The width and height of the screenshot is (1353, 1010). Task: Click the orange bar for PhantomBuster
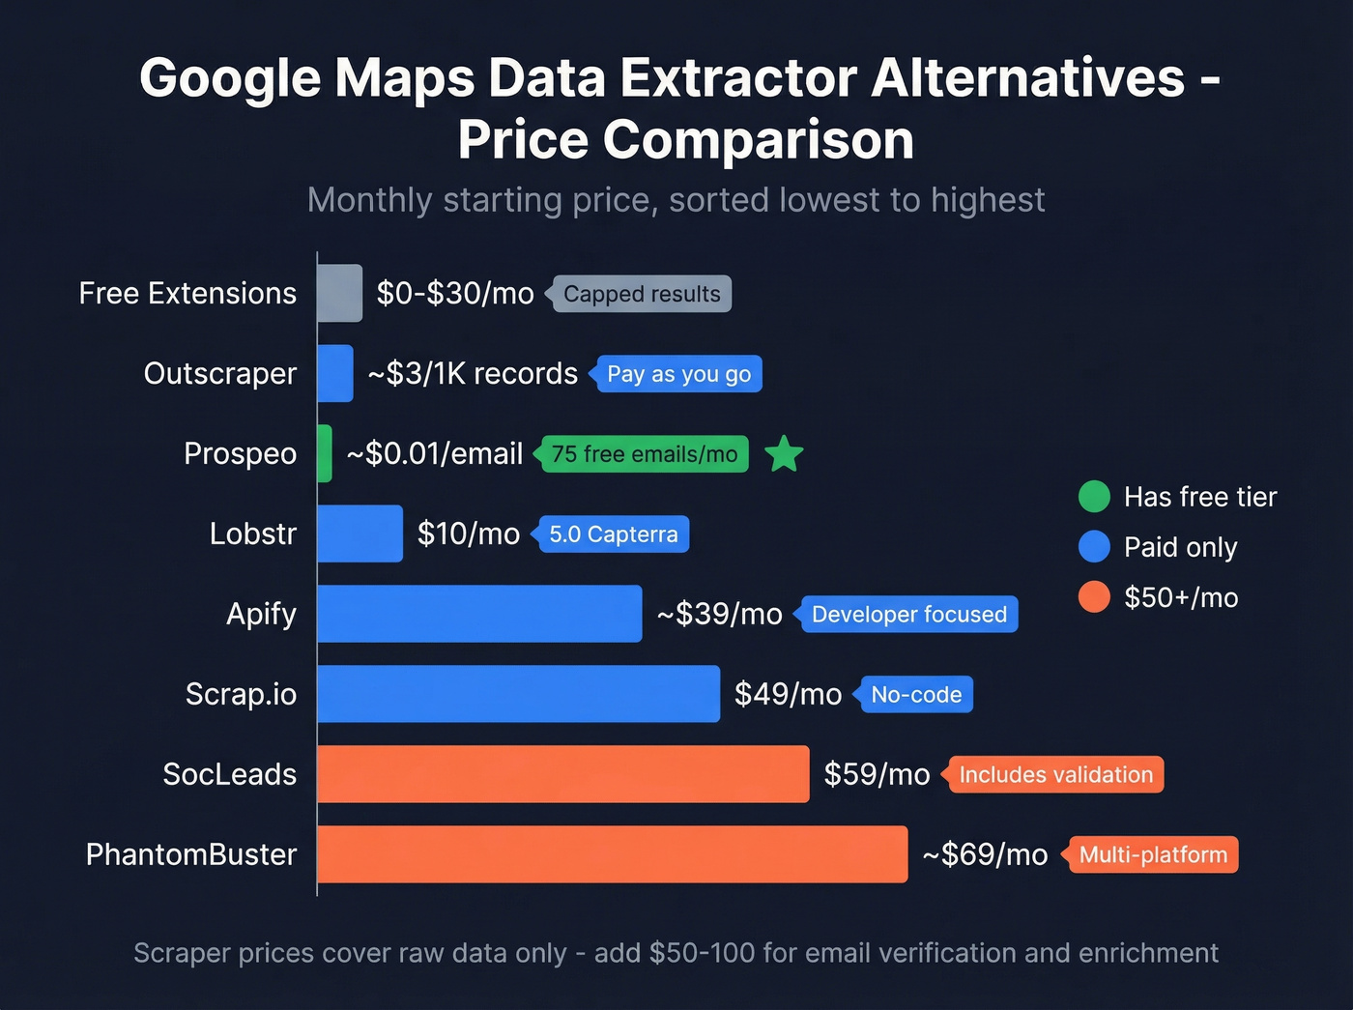tap(612, 854)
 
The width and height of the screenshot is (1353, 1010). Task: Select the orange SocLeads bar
tap(562, 774)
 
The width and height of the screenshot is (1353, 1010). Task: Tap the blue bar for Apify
tap(479, 614)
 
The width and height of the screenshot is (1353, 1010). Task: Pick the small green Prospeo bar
tap(325, 453)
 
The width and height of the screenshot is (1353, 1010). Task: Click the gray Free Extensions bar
tap(339, 293)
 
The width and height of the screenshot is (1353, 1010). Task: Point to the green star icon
tap(784, 454)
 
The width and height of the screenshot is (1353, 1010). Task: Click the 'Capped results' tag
tap(642, 294)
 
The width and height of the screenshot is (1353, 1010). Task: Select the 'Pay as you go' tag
tap(678, 374)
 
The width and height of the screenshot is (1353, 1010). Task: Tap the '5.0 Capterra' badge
tap(613, 534)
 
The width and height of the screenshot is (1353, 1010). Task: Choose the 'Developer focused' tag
tap(908, 615)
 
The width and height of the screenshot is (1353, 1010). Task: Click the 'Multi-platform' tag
tap(1152, 855)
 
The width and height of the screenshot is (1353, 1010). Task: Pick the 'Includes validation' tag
tap(1055, 775)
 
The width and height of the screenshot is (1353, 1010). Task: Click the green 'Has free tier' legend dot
tap(1094, 497)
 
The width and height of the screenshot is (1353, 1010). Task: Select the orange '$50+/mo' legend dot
tap(1094, 597)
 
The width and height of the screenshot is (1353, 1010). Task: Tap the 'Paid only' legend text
tap(1180, 547)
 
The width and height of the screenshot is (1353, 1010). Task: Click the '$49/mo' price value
tap(788, 694)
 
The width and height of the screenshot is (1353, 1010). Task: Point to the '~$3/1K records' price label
tap(473, 373)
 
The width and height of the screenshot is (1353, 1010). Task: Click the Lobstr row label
tap(252, 534)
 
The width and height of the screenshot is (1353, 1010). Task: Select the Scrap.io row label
tap(241, 694)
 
